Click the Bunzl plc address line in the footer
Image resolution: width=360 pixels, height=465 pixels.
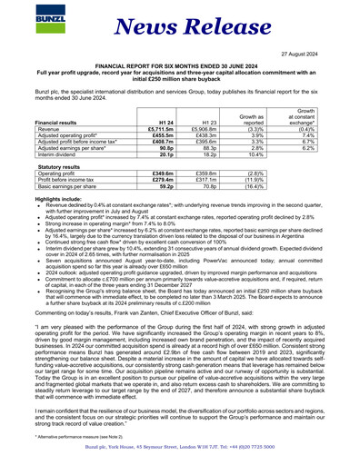pyautogui.click(x=181, y=450)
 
